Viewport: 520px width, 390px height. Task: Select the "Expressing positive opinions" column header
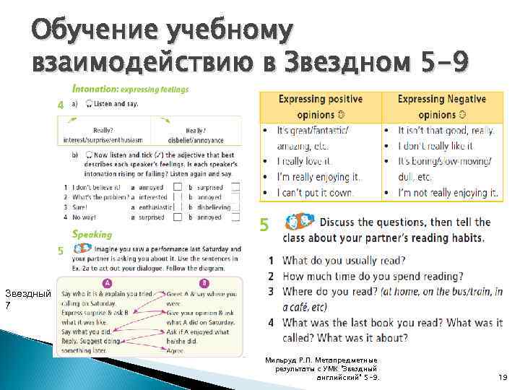[x=320, y=106]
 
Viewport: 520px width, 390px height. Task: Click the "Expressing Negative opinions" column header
[x=441, y=106]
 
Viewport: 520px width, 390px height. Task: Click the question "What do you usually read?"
[x=344, y=260]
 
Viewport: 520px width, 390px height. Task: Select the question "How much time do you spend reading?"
[x=373, y=276]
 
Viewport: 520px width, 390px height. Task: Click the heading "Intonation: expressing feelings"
[x=131, y=90]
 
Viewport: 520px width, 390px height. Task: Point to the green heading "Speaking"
[x=92, y=234]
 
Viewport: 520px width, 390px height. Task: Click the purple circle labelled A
[x=106, y=283]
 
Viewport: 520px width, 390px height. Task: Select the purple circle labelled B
[x=204, y=283]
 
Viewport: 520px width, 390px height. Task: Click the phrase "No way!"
[x=84, y=217]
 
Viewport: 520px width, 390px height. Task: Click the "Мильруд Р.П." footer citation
[x=321, y=368]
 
